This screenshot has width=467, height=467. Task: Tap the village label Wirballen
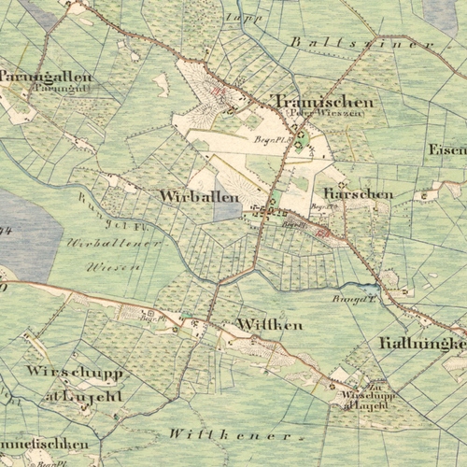[200, 197]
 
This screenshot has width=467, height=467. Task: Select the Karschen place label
[359, 194]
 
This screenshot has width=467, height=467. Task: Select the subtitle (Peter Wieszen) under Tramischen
[311, 114]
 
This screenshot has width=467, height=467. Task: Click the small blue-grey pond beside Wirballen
[227, 207]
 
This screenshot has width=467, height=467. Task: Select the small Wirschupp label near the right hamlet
[369, 396]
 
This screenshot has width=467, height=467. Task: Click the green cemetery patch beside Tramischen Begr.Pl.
[300, 141]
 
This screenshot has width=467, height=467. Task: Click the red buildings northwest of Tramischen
[220, 92]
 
